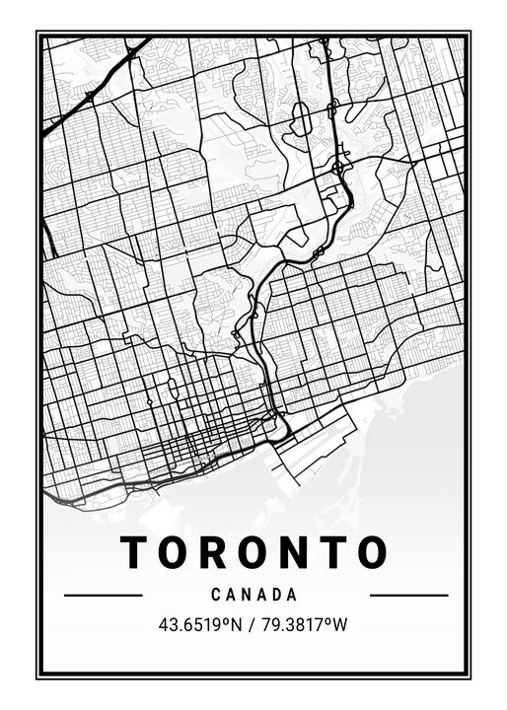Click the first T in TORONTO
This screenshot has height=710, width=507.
click(x=136, y=553)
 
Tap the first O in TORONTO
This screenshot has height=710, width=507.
click(x=178, y=553)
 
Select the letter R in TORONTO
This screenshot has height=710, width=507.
click(x=219, y=553)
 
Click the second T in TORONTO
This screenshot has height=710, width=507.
click(x=340, y=553)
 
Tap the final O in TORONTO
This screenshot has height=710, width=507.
click(x=375, y=553)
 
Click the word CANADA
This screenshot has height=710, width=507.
click(x=254, y=596)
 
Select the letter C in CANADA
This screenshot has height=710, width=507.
click(x=216, y=596)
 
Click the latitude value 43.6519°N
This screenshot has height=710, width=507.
click(x=200, y=624)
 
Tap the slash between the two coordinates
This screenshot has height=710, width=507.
click(x=253, y=624)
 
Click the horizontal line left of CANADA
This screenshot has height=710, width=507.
click(x=103, y=596)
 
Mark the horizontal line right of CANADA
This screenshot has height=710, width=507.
click(x=408, y=596)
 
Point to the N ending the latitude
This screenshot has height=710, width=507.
click(x=238, y=624)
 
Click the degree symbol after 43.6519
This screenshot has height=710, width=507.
click(x=227, y=620)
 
